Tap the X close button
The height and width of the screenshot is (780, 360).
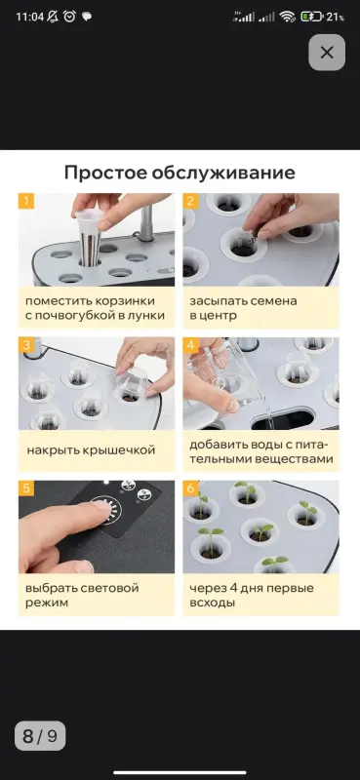click(327, 53)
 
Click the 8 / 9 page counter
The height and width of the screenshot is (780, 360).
click(40, 736)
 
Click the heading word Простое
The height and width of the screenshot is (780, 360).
click(103, 174)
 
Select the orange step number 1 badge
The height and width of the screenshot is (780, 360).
click(26, 202)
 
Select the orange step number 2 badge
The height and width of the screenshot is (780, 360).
click(191, 202)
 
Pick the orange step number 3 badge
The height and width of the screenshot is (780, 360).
click(26, 345)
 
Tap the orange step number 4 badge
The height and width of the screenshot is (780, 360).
click(191, 345)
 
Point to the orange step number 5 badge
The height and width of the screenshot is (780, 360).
click(26, 487)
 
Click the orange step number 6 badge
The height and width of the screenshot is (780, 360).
click(191, 487)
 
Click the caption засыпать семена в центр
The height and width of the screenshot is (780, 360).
click(244, 308)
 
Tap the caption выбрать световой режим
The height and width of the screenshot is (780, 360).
click(82, 595)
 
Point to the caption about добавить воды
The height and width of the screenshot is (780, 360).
click(259, 451)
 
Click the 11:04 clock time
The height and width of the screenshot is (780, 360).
click(29, 17)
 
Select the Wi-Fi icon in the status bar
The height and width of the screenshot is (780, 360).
click(287, 17)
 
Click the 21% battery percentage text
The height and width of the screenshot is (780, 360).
click(335, 17)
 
